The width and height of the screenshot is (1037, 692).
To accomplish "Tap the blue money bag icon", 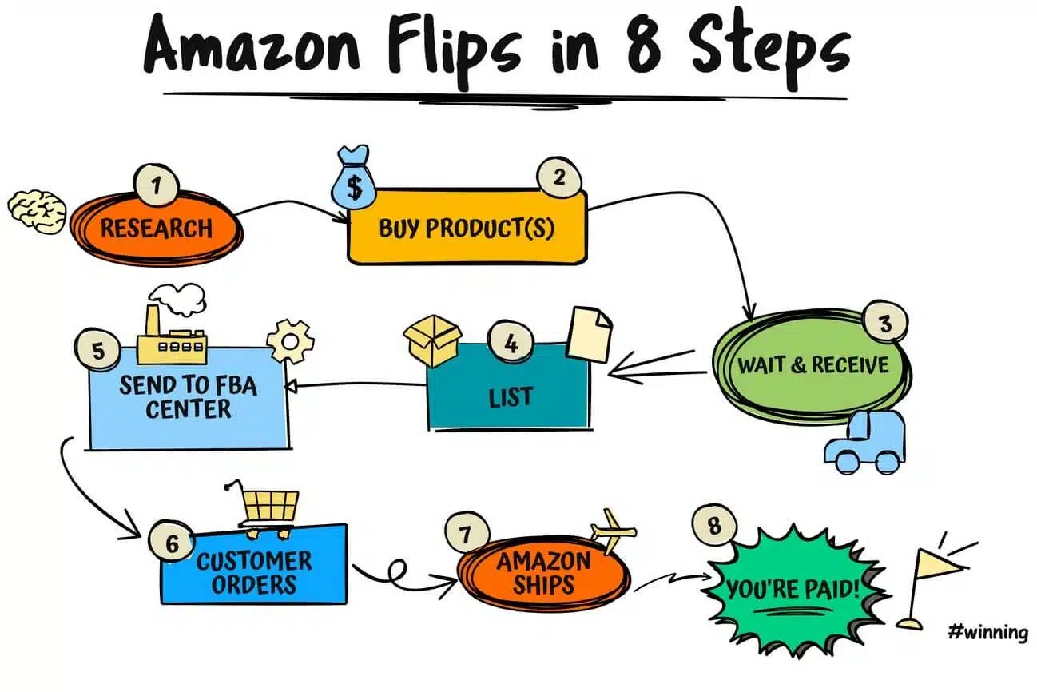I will tap(352, 177).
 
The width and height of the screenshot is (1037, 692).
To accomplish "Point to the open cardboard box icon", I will tap(432, 339).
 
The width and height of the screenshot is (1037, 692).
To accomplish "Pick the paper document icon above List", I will tap(589, 333).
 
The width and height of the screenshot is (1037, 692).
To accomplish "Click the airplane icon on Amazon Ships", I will tap(614, 529).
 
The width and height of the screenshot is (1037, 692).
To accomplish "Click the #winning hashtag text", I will tap(987, 633).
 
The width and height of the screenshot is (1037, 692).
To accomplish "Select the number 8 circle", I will tap(713, 527).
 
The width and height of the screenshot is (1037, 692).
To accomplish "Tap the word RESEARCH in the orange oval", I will tap(157, 229).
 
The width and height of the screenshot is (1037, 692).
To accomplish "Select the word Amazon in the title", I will tap(255, 46).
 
